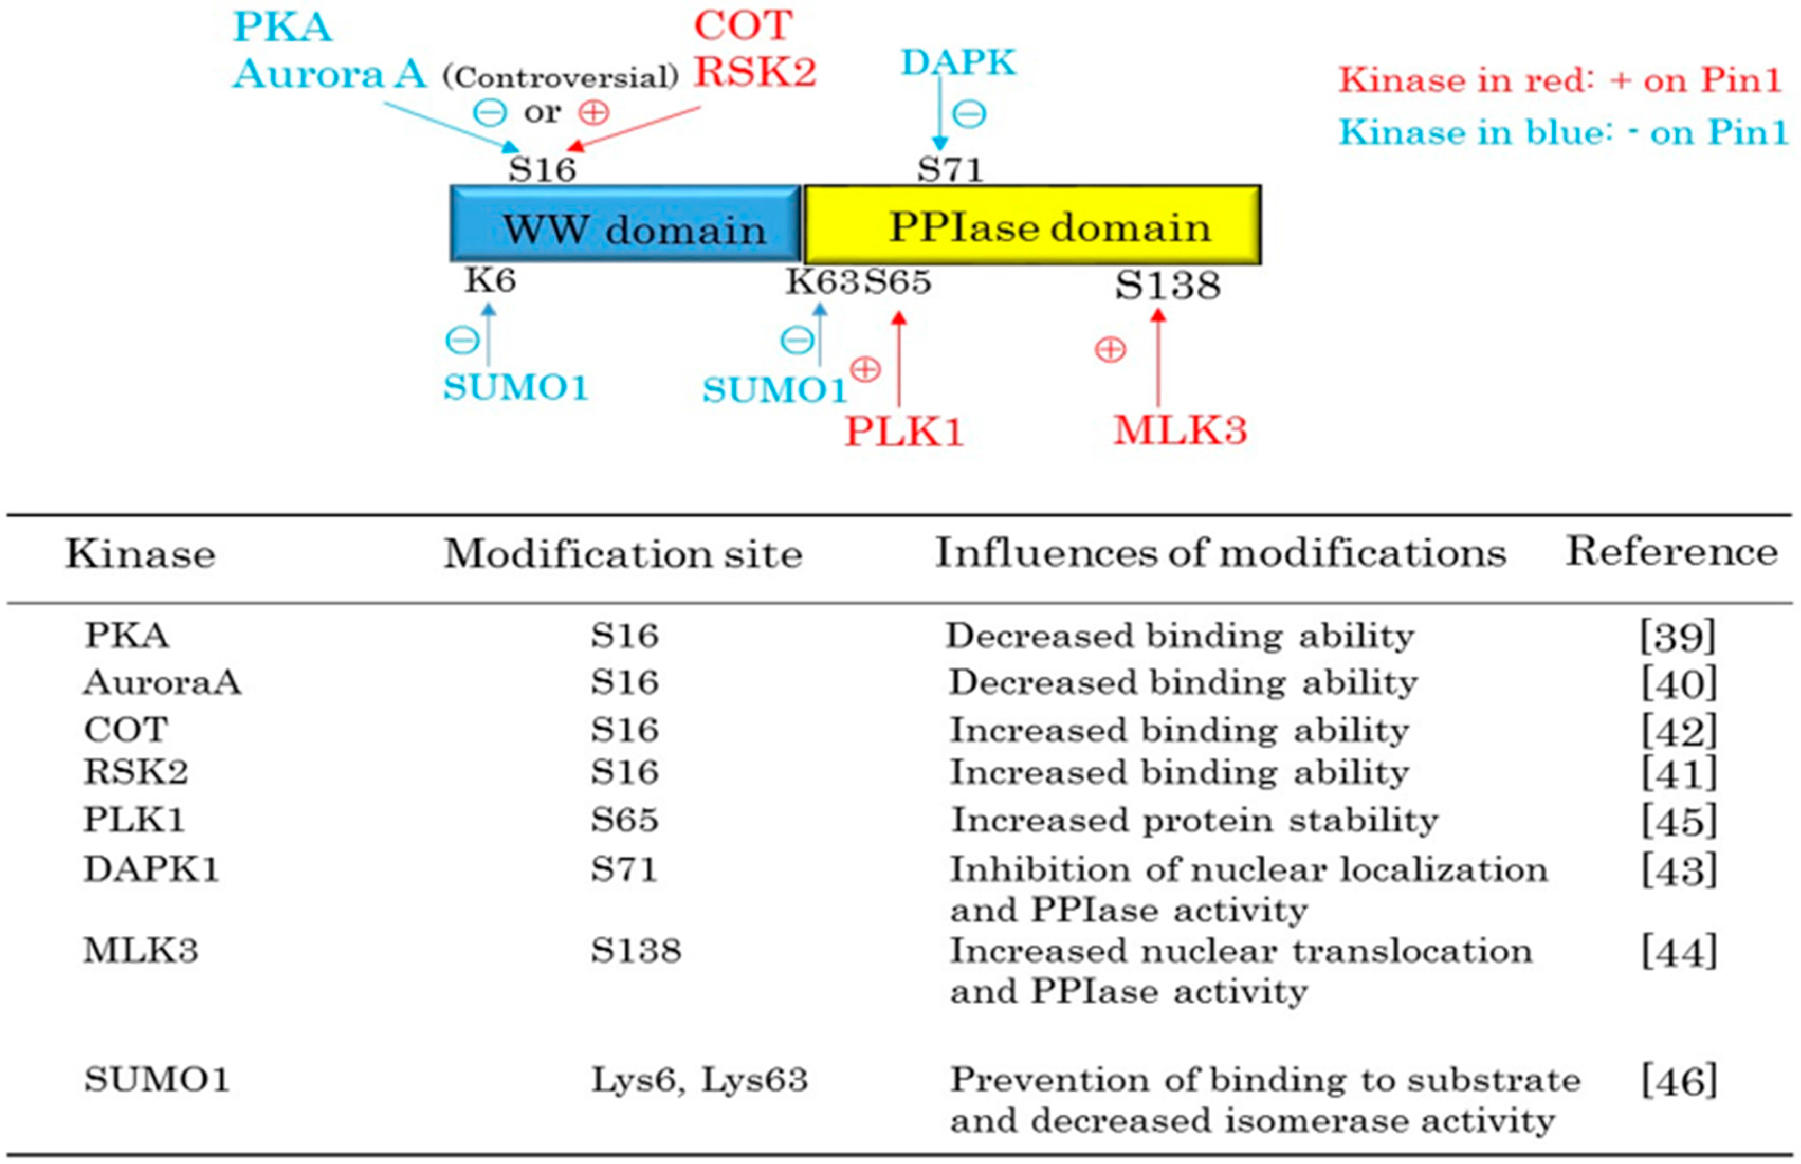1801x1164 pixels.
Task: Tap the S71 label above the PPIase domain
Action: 950,169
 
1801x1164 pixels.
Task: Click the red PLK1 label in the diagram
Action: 904,432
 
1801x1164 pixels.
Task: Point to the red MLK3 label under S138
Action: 1180,430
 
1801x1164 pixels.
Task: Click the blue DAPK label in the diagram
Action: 958,62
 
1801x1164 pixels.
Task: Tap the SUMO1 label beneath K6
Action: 515,388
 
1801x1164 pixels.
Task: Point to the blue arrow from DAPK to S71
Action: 939,109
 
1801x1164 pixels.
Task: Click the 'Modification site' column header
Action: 622,554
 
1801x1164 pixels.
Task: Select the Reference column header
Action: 1671,551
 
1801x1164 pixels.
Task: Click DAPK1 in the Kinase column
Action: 151,869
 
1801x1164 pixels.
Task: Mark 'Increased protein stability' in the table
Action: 1193,821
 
